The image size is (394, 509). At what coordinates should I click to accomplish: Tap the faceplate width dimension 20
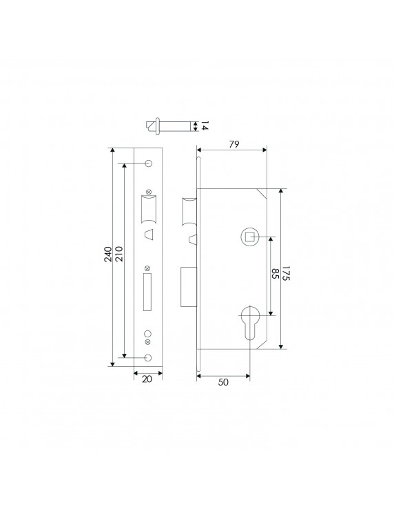coord(147,379)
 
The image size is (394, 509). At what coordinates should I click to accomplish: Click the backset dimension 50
coord(222,381)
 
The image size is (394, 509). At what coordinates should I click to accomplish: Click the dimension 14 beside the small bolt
coord(204,126)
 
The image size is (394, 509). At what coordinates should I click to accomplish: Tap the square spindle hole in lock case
coord(249,238)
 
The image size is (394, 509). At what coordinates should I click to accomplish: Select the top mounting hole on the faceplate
coord(149,163)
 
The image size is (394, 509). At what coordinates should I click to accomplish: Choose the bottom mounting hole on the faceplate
coord(149,357)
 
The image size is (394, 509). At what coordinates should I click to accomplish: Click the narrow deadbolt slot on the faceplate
coord(147,290)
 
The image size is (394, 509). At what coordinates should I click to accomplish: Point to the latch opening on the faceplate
coord(149,208)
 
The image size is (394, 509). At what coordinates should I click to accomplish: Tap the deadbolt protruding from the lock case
coord(188,287)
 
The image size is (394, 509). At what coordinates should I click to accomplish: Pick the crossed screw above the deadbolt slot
coord(147,268)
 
